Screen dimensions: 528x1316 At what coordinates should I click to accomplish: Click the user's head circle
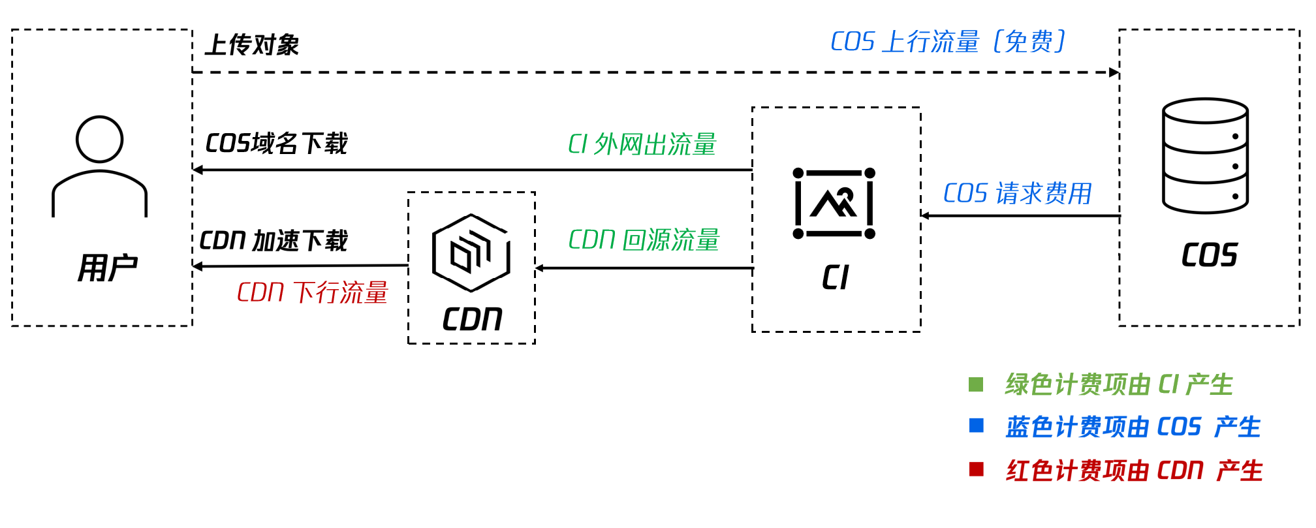click(99, 139)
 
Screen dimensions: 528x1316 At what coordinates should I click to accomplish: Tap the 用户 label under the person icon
click(108, 268)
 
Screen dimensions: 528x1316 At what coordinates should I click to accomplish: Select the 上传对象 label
click(252, 45)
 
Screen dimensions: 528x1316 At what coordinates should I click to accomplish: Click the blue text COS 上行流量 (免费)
click(948, 42)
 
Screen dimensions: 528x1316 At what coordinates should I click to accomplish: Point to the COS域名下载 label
click(276, 144)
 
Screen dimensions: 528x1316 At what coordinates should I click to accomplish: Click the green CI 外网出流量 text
click(642, 144)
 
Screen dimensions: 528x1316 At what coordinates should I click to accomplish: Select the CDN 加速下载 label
click(274, 241)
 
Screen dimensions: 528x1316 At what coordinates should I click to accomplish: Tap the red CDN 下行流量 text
click(313, 292)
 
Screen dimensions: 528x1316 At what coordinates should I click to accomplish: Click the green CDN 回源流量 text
click(644, 240)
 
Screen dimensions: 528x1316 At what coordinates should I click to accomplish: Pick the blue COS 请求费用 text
click(1018, 193)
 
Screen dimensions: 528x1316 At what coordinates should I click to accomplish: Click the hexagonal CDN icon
click(471, 253)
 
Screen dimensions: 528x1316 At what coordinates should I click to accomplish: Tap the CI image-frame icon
click(834, 204)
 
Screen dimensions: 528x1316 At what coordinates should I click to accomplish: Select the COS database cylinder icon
click(1205, 156)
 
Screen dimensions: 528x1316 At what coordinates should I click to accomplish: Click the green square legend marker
click(976, 384)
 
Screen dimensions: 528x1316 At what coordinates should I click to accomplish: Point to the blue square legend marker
click(977, 426)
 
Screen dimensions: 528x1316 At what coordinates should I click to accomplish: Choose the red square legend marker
click(977, 469)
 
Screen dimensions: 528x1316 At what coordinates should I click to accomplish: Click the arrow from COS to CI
click(1020, 215)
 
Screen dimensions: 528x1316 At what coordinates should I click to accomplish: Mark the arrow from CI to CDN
click(644, 268)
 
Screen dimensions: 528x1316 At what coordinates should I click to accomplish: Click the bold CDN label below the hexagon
click(473, 319)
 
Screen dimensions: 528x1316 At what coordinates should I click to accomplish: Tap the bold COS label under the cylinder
click(1210, 255)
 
